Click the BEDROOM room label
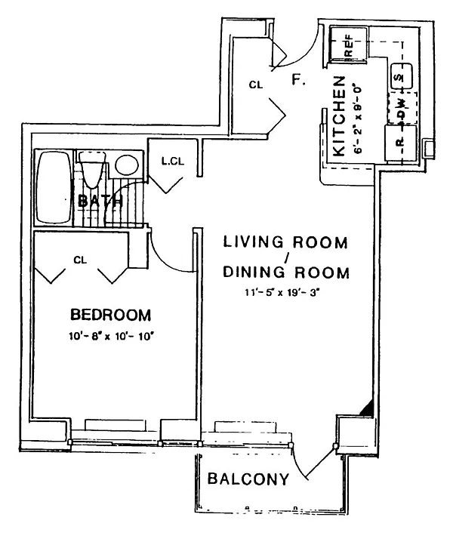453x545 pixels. coord(110,315)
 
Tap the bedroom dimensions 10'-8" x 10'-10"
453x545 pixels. coord(110,337)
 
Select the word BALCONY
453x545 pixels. coord(248,479)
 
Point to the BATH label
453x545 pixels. coord(100,201)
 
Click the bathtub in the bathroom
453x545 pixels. coord(54,188)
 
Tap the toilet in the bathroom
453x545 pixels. coord(92,169)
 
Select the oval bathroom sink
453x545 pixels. coord(127,165)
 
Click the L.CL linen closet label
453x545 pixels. coord(173,162)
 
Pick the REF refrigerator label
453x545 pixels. coord(348,45)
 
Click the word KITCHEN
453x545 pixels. coord(339,116)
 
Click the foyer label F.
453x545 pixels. coord(298,80)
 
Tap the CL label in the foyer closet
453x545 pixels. coord(256,85)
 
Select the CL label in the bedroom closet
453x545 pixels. coord(80,260)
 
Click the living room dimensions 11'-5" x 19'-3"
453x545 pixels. coord(282,292)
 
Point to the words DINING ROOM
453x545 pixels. coord(286,272)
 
